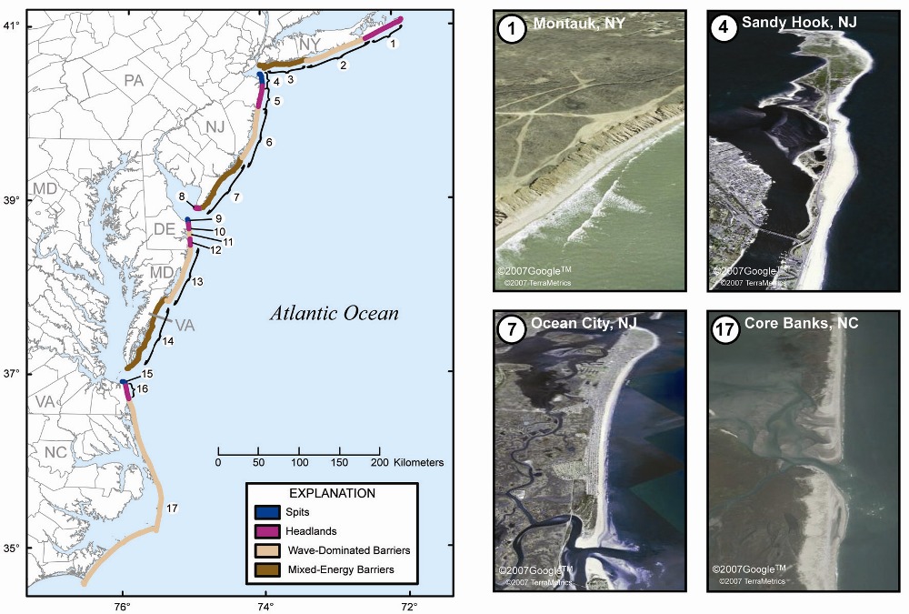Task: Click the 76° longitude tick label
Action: click(x=123, y=608)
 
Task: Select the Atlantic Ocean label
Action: click(x=334, y=314)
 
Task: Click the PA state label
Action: click(x=135, y=81)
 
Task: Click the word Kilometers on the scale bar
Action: click(x=419, y=463)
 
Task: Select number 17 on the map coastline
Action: click(x=172, y=508)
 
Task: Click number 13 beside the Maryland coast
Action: click(x=196, y=282)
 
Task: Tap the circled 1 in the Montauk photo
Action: click(x=513, y=29)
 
